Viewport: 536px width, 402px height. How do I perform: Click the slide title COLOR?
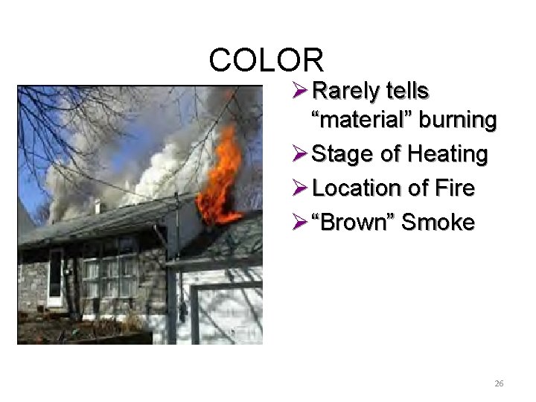tap(267, 60)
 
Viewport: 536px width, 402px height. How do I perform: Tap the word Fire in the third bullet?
tap(452, 188)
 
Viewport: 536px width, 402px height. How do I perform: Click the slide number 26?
tap(499, 383)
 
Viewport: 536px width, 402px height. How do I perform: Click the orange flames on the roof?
tap(222, 179)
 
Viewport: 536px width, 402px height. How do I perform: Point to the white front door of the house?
tap(56, 277)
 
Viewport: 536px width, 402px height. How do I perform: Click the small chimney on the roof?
tap(97, 206)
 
